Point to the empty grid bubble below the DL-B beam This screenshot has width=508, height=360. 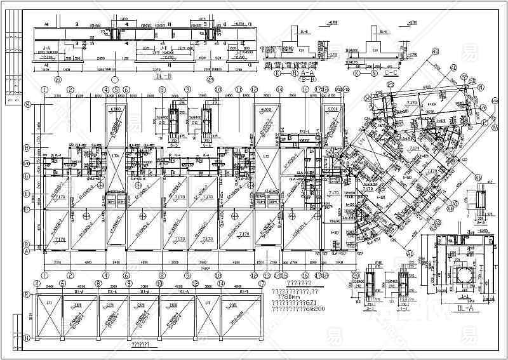[x=114, y=80]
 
